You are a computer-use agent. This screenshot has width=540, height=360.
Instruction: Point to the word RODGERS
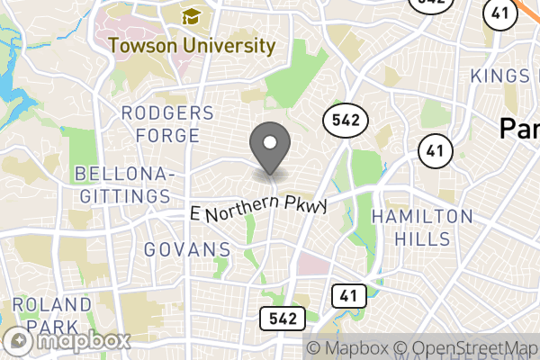(x=166, y=113)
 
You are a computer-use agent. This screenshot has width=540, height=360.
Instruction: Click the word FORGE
(x=166, y=136)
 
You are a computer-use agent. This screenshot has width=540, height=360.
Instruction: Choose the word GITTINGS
(x=122, y=195)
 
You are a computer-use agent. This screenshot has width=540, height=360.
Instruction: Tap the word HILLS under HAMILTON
(x=421, y=239)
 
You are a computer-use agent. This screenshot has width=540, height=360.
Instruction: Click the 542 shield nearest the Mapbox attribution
(x=283, y=318)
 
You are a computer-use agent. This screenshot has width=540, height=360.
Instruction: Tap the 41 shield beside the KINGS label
(x=498, y=13)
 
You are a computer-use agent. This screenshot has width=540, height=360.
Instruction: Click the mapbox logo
(x=68, y=341)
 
